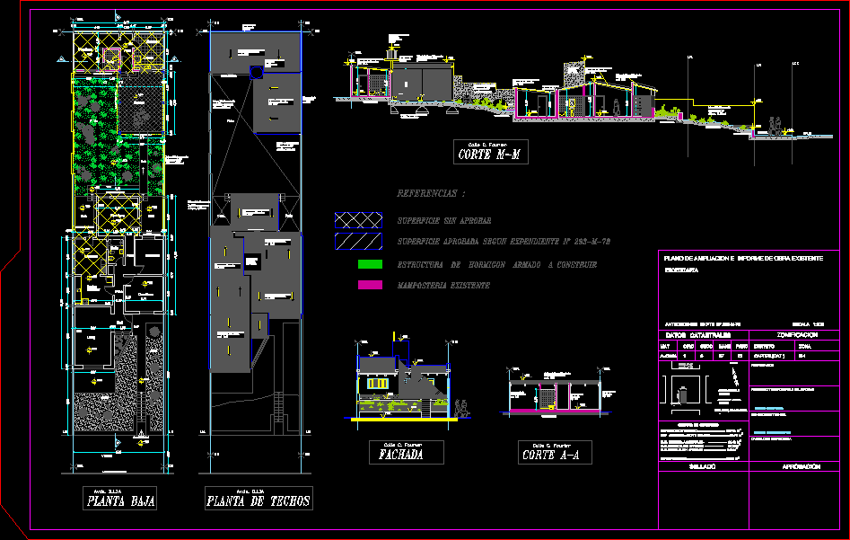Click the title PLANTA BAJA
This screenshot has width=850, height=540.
[121, 500]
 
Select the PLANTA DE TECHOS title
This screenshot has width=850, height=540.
[258, 500]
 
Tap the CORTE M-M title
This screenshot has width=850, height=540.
[489, 155]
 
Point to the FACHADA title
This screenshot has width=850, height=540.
[407, 455]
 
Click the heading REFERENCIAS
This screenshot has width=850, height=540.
[432, 193]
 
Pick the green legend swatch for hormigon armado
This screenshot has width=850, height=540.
[370, 264]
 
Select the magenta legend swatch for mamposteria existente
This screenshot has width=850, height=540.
[370, 285]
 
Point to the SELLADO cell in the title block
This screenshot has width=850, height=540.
[703, 467]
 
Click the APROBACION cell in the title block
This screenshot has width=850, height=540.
[801, 467]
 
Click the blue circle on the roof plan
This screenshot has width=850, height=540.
[256, 73]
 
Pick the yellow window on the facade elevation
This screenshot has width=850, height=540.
[381, 385]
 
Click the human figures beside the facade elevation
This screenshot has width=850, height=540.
[462, 405]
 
